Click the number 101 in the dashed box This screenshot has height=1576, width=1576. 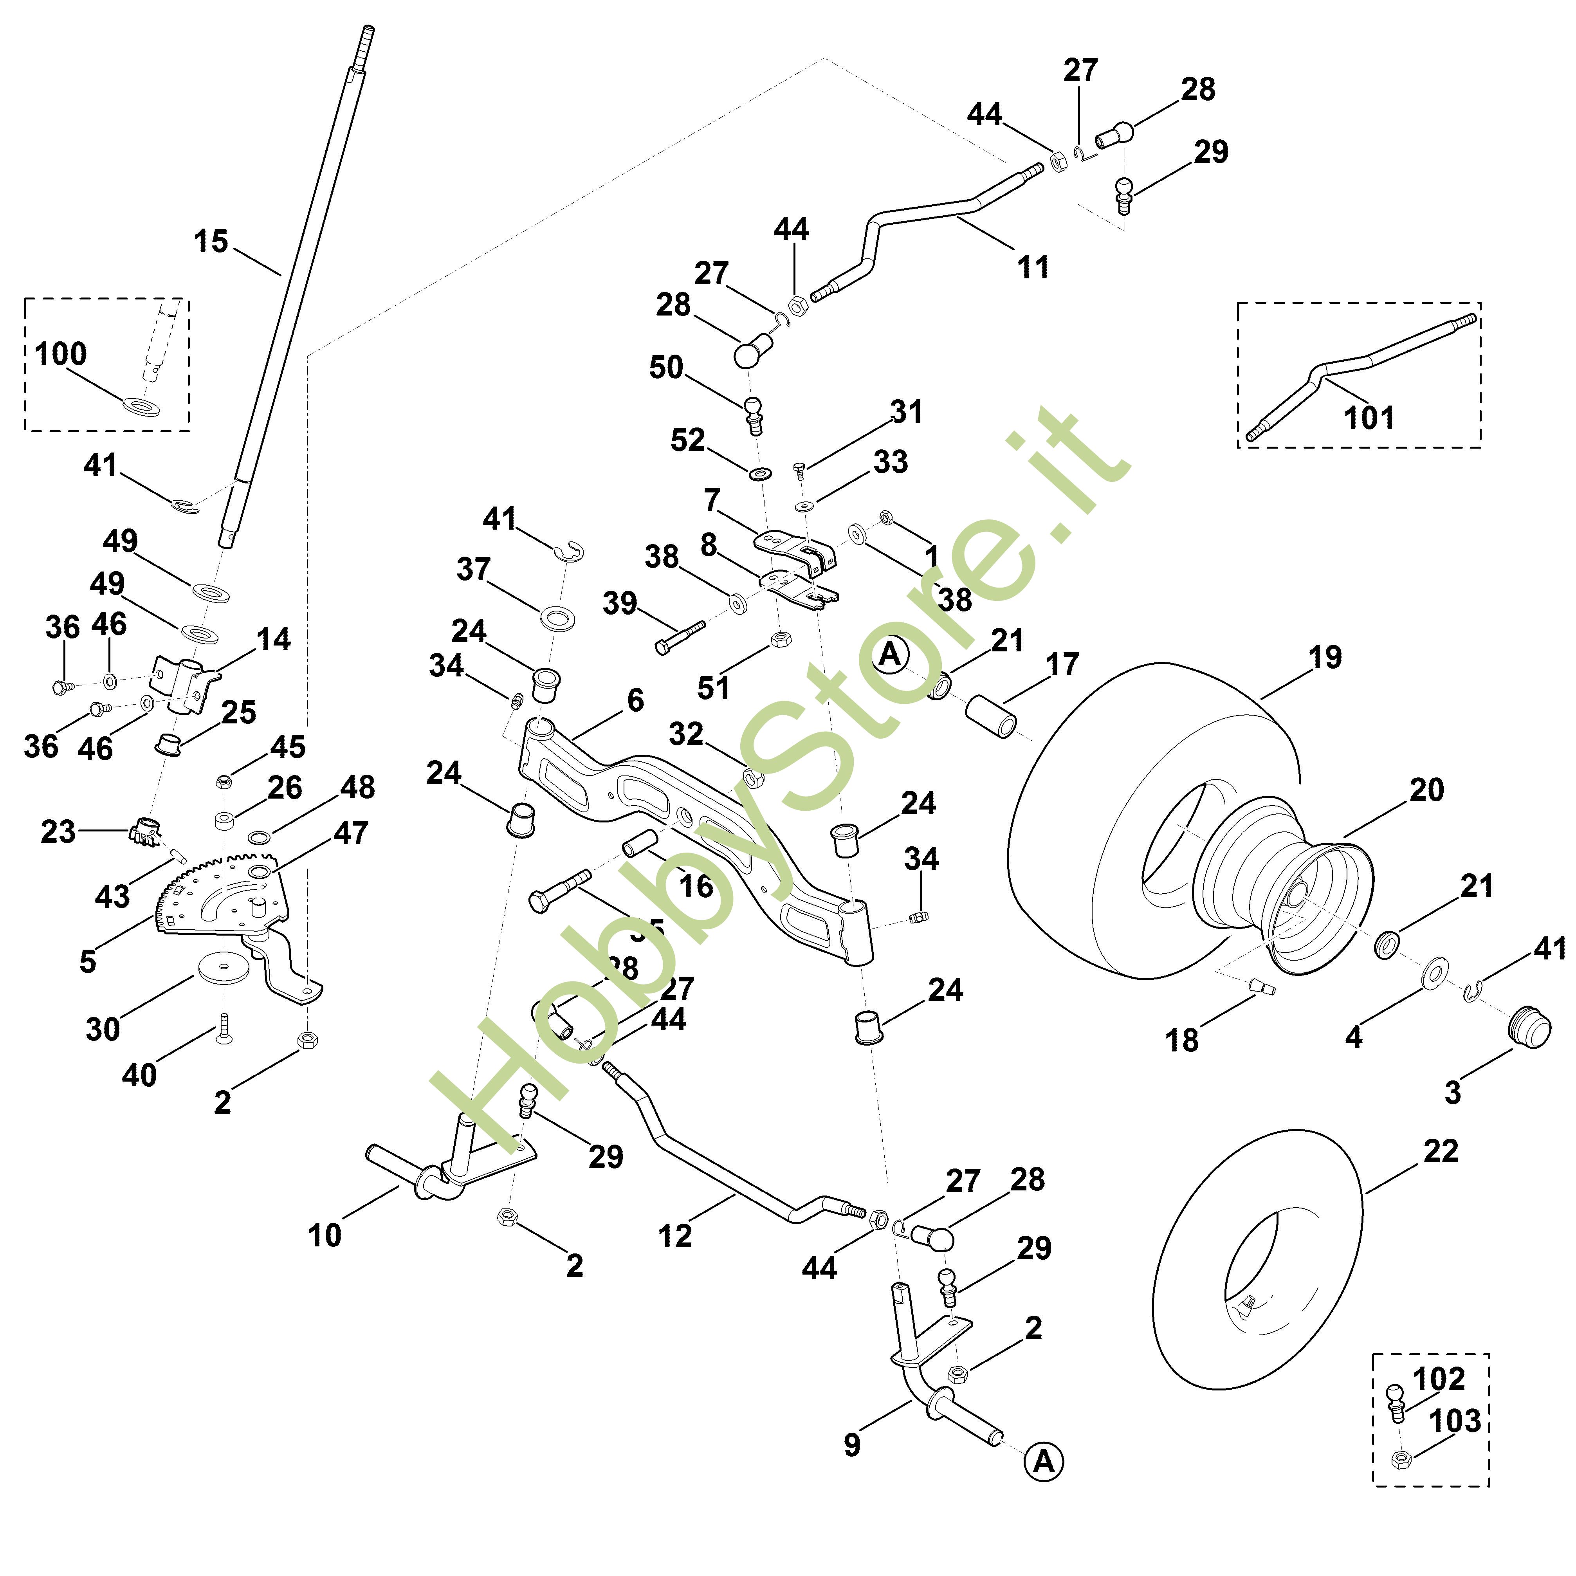point(1369,418)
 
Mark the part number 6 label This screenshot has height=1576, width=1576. point(635,700)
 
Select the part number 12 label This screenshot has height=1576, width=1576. point(674,1236)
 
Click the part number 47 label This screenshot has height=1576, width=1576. point(351,833)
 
